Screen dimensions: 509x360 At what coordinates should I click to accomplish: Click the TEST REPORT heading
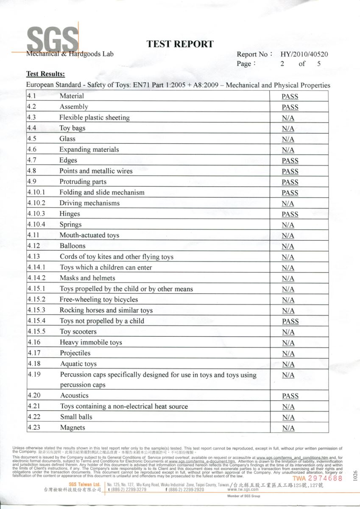tap(180, 44)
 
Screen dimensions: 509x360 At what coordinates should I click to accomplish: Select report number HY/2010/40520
tap(304, 54)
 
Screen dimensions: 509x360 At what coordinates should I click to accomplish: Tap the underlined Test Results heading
tap(45, 74)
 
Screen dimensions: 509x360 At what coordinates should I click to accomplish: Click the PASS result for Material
tap(290, 97)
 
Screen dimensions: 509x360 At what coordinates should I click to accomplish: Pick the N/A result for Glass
tap(288, 140)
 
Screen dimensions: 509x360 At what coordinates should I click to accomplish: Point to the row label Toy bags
tap(72, 128)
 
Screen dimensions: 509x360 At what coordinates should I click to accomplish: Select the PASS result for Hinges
tap(290, 215)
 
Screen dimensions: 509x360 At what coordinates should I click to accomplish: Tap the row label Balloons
tap(73, 246)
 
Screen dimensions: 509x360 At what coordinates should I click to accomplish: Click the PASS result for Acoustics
tap(290, 396)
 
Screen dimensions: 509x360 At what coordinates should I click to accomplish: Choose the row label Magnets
tap(73, 428)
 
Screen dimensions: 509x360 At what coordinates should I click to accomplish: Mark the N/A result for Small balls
tap(288, 417)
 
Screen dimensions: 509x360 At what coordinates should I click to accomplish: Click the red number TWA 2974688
tap(317, 478)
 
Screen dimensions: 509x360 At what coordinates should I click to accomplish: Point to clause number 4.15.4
tap(36, 321)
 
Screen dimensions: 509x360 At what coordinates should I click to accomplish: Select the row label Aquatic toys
tap(78, 364)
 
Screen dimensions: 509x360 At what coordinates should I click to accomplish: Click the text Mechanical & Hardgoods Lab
tap(70, 54)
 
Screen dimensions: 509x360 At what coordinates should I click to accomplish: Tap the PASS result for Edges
tap(290, 161)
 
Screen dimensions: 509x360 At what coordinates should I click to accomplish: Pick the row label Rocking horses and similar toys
tap(106, 310)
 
